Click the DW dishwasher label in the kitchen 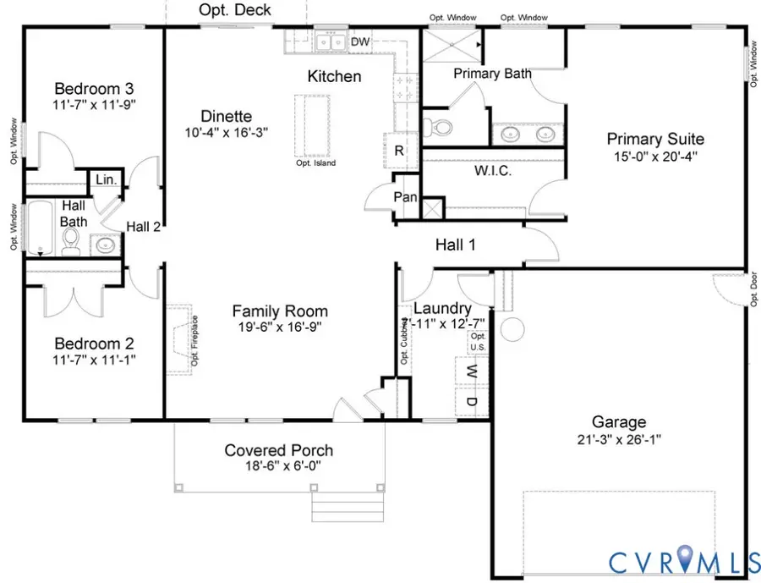coord(359,41)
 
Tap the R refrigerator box coord(397,151)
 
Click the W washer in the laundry coord(473,371)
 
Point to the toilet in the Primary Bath coord(439,128)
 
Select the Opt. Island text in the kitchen coord(315,163)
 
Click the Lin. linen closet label coord(107,179)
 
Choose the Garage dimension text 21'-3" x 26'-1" coord(620,439)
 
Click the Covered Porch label coord(278,450)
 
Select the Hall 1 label coord(456,245)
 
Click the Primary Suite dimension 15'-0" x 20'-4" coord(655,157)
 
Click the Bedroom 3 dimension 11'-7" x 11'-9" coord(95,105)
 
